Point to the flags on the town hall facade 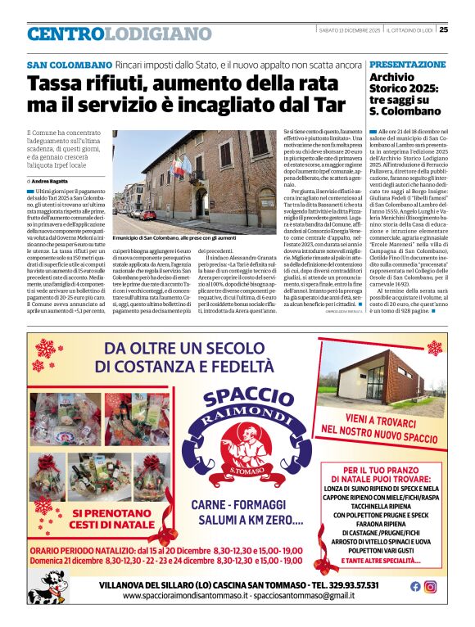click(179, 168)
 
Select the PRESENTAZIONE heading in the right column click(407, 64)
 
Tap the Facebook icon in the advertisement click(415, 586)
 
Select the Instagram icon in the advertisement click(430, 586)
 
